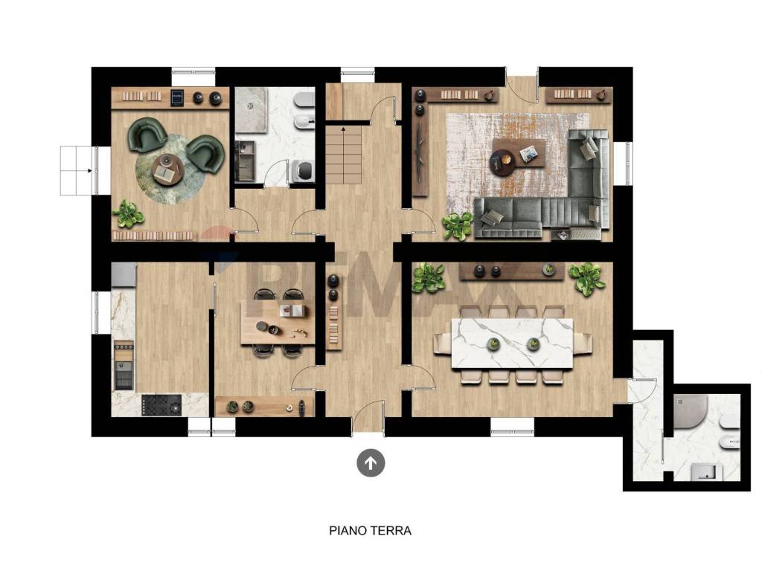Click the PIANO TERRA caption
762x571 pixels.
370,531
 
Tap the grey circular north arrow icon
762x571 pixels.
371,463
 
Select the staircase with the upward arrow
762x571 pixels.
345,156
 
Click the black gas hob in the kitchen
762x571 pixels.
161,404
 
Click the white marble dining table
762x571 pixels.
512,343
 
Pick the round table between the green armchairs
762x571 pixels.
167,169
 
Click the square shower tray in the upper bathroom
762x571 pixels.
251,110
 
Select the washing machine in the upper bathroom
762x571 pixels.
301,171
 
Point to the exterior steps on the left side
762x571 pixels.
76,170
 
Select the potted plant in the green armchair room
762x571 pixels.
129,214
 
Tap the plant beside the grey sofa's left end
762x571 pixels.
457,225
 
